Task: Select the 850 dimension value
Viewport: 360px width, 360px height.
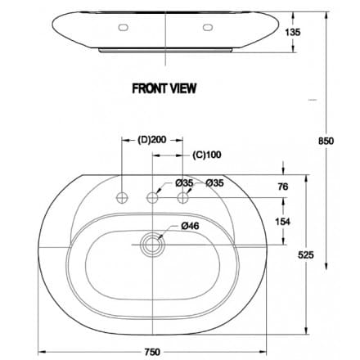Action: (x=326, y=141)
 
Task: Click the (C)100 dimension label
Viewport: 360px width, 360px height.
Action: (x=207, y=153)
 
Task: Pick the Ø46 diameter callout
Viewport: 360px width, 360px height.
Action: (x=190, y=225)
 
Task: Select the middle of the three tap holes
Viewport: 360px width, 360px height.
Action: (x=152, y=197)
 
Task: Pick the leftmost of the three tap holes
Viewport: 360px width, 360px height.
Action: (x=124, y=197)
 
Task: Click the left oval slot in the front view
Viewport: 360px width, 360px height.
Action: (x=124, y=27)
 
